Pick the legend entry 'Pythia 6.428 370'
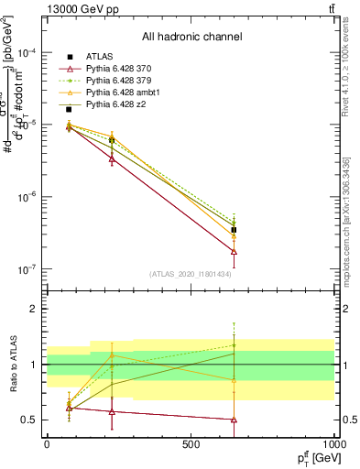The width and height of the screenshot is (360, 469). tap(115, 70)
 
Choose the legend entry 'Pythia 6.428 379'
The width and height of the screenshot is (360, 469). tap(115, 82)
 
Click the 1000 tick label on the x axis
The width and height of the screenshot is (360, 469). tap(333, 443)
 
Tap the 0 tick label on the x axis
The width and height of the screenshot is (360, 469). tap(47, 443)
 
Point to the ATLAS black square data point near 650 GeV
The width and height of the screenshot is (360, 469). tap(234, 230)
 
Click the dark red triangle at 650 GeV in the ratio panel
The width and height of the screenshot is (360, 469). tap(234, 420)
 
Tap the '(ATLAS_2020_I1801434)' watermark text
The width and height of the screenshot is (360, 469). tap(191, 274)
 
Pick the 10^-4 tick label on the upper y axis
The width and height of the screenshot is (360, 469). tap(27, 53)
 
